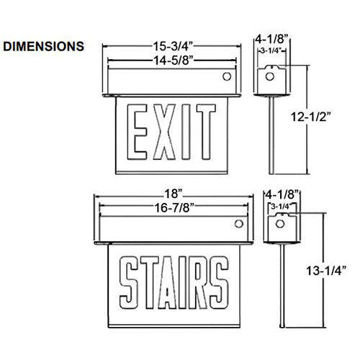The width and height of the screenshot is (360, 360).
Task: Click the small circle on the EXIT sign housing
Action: pyautogui.click(x=225, y=76)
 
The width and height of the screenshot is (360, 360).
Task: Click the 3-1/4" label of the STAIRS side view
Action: pyautogui.click(x=280, y=207)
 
